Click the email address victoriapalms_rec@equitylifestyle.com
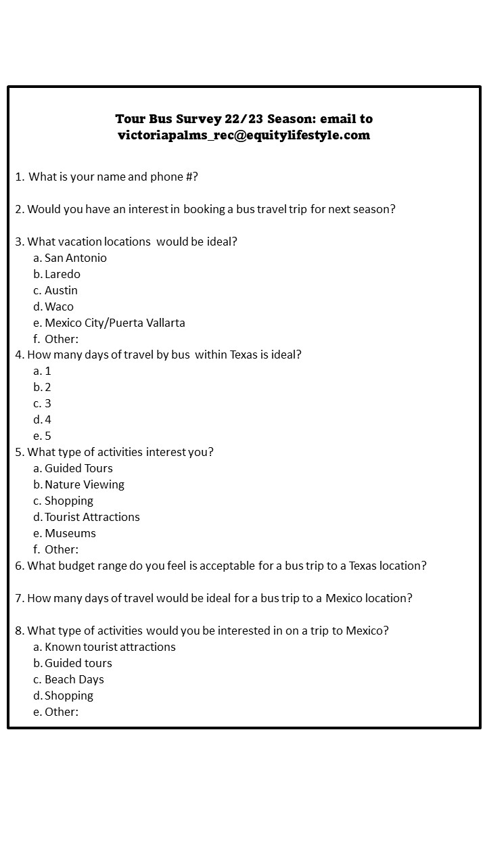tap(243, 135)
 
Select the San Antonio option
tap(75, 258)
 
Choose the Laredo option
tap(62, 274)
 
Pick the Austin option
tap(61, 290)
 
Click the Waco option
tap(59, 306)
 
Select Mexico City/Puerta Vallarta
tap(114, 323)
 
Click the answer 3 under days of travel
tap(47, 403)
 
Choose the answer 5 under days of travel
tap(47, 436)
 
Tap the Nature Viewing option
tap(84, 484)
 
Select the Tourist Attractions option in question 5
tap(92, 517)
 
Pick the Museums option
tap(70, 533)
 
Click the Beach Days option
tap(74, 679)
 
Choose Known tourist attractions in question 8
tap(110, 647)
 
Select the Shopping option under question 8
tap(68, 696)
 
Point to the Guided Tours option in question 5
tap(78, 468)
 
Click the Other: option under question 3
tap(61, 339)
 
